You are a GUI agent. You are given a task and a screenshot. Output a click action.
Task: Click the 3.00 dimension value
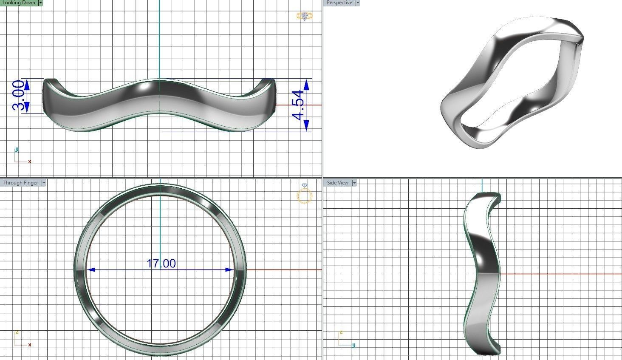[x=19, y=96]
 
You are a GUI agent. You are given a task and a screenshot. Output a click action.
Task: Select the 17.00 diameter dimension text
[x=161, y=264]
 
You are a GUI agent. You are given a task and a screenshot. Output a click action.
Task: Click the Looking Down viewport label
[x=19, y=3]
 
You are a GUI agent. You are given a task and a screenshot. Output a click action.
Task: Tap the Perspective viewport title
[x=339, y=3]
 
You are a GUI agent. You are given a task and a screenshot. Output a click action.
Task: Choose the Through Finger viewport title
[x=21, y=183]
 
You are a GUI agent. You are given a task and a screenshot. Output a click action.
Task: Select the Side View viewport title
[x=338, y=183]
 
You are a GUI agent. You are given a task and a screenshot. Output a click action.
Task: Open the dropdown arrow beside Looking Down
[x=40, y=3]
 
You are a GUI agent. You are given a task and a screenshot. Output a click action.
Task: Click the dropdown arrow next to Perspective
[x=357, y=3]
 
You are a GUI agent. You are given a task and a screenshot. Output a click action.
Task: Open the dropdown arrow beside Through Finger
[x=44, y=183]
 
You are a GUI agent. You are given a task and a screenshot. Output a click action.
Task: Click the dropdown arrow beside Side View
[x=354, y=183]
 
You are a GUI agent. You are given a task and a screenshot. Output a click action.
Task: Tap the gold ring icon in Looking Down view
[x=304, y=16]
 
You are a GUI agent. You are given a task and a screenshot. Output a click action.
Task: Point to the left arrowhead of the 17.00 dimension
[x=91, y=269]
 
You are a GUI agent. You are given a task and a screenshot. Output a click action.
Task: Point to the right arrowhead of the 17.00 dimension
[x=229, y=269]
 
